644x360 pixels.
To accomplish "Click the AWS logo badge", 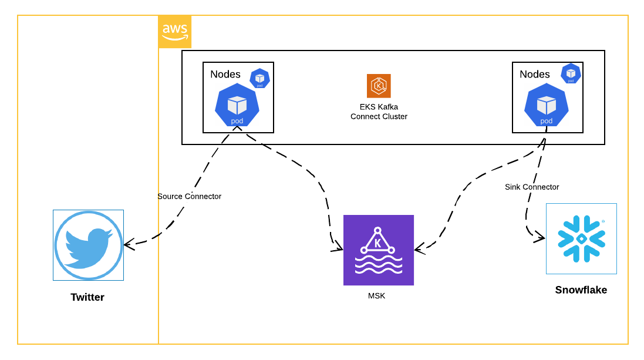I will tap(175, 32).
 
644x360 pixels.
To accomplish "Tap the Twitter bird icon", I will tap(88, 245).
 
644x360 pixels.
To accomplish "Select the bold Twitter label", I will tap(87, 297).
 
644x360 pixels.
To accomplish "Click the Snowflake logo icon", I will tap(581, 238).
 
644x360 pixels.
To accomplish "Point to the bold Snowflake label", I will tap(581, 290).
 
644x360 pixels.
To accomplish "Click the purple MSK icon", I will tap(379, 250).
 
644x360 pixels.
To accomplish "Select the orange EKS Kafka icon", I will tap(379, 86).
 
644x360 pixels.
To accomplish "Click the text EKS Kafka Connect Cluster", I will tap(379, 112).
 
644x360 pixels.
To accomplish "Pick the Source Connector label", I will tap(189, 196).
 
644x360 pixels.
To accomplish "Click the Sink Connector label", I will tap(532, 187).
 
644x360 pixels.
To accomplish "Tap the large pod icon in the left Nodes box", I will tap(237, 105).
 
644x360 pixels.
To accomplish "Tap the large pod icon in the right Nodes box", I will tap(547, 105).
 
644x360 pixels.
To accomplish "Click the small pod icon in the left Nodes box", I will tap(259, 78).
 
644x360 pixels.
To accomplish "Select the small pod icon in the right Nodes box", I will tap(571, 73).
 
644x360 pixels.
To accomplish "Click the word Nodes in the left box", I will tap(225, 74).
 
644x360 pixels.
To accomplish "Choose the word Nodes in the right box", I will tap(535, 74).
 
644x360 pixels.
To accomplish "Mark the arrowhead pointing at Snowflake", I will tap(540, 238).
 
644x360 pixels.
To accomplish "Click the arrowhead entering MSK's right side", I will tap(419, 249).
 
